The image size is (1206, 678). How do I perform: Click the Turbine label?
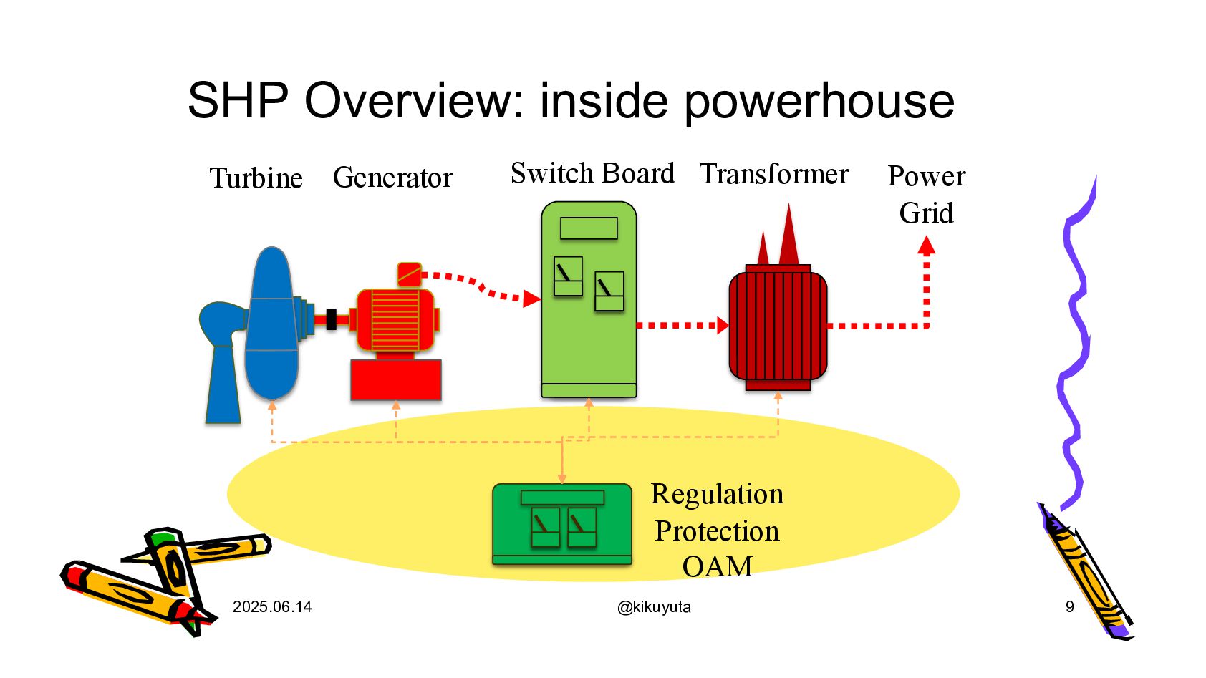(256, 178)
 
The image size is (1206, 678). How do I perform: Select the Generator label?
(392, 178)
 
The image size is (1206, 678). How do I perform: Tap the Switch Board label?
(592, 173)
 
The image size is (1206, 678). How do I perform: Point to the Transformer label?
(774, 174)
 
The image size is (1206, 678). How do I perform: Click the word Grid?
(926, 213)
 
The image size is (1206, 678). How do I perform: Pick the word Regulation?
(717, 494)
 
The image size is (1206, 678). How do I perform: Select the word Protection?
(717, 531)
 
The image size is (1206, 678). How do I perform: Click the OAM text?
(717, 566)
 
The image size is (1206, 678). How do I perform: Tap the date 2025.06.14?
(272, 607)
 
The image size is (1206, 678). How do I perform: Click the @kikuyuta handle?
(654, 607)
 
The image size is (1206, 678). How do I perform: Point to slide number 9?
(1069, 607)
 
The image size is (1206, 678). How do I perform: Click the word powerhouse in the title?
(819, 100)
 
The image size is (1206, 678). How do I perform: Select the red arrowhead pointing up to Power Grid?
(926, 246)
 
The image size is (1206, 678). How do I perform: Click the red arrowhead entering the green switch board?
(531, 299)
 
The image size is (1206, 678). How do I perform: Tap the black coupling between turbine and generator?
(331, 319)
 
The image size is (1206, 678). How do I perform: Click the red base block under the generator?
(395, 379)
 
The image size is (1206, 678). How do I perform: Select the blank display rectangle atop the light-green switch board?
(589, 228)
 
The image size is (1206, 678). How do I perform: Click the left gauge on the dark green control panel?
(545, 527)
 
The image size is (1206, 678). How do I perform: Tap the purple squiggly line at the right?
(1074, 344)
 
